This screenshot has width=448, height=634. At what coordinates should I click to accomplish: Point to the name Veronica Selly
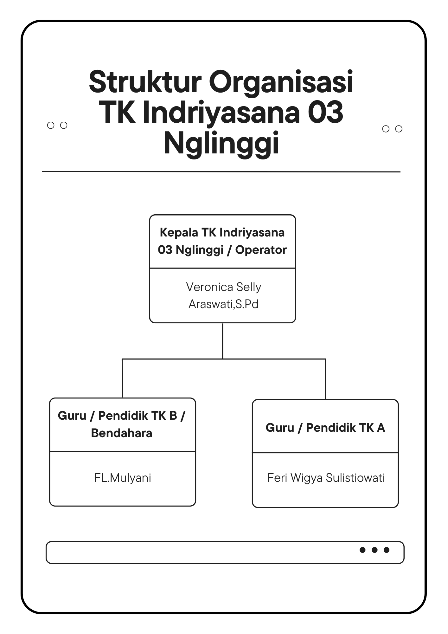click(223, 287)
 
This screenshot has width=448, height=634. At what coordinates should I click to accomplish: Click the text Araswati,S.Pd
click(223, 304)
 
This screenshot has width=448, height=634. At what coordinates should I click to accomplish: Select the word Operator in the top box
click(261, 250)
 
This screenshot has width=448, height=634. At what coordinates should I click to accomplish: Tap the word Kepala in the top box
click(179, 233)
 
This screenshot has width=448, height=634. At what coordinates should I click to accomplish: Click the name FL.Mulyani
click(123, 478)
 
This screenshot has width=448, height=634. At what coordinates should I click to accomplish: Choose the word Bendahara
click(122, 433)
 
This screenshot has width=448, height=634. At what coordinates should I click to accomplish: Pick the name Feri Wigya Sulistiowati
click(326, 478)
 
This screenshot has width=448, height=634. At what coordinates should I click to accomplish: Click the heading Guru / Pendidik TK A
click(325, 428)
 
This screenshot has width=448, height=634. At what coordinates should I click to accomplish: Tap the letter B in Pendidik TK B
click(173, 416)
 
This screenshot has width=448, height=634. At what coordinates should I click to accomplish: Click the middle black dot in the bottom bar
click(374, 550)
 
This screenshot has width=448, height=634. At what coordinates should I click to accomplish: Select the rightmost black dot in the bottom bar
click(387, 550)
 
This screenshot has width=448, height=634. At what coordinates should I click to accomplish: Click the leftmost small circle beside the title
click(51, 125)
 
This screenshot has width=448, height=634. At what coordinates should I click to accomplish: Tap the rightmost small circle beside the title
click(399, 129)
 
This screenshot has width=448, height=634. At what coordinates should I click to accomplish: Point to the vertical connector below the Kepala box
click(223, 341)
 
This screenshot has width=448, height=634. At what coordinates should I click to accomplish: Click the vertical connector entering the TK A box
click(325, 379)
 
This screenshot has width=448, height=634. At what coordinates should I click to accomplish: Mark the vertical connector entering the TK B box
click(122, 378)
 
